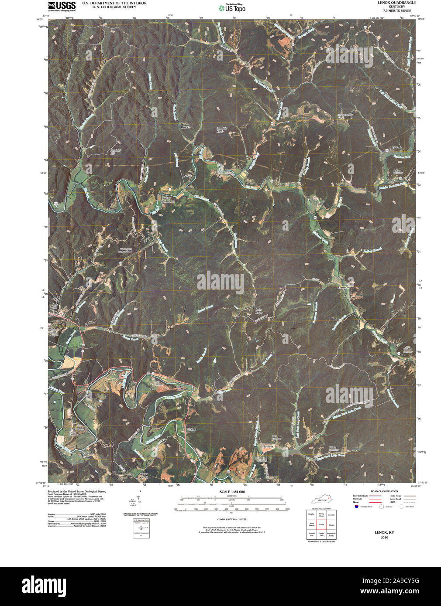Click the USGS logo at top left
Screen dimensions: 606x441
pyautogui.click(x=62, y=6)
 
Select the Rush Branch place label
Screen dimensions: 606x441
pyautogui.click(x=186, y=126)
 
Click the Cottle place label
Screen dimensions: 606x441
pyautogui.click(x=191, y=429)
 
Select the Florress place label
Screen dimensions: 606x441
pyautogui.click(x=268, y=447)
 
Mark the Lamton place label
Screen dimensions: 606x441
pyautogui.click(x=343, y=288)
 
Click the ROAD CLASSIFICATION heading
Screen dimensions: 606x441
pyautogui.click(x=384, y=491)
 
